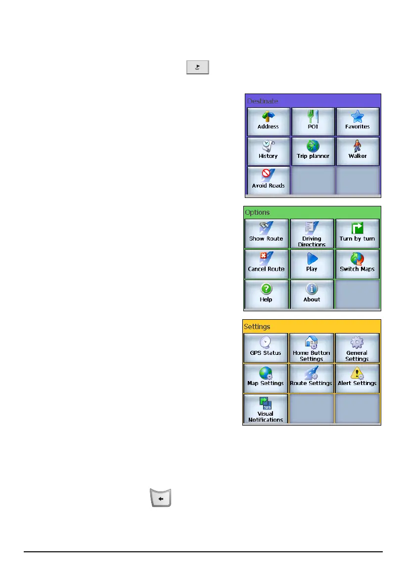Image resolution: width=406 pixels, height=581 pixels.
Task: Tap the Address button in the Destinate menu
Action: tap(268, 121)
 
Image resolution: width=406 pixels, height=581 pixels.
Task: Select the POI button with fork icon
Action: tap(313, 121)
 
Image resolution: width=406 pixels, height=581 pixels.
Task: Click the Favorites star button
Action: tap(357, 121)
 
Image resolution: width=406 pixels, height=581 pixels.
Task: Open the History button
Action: tap(268, 151)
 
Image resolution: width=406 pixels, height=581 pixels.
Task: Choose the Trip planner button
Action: tap(313, 151)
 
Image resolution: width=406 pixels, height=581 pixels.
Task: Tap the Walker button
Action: tap(357, 151)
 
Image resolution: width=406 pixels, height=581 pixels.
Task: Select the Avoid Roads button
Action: tap(268, 180)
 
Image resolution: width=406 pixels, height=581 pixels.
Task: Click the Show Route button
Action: tap(266, 234)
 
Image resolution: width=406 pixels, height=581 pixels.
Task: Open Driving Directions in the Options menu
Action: tap(312, 234)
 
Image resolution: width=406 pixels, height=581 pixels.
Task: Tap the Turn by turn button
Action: tap(357, 234)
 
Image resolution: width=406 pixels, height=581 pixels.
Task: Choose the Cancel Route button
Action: tap(266, 264)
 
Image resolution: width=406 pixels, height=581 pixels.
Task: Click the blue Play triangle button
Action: tap(312, 264)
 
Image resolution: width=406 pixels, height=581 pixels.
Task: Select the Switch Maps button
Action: tap(357, 264)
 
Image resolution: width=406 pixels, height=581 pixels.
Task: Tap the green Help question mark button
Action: tap(266, 294)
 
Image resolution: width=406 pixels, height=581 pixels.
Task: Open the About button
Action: tap(312, 294)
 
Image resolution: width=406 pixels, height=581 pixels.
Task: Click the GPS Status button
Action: tap(266, 348)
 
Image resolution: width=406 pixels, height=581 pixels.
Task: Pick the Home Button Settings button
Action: tap(312, 348)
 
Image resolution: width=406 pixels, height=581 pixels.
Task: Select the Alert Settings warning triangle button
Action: tap(357, 378)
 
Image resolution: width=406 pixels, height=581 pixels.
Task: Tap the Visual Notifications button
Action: tap(266, 408)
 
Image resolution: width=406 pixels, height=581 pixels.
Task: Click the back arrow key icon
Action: tap(160, 497)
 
